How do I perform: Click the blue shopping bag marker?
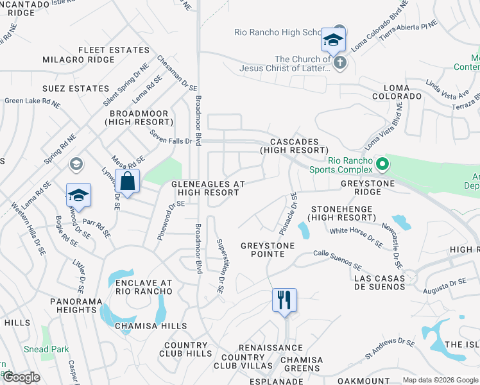(128, 182)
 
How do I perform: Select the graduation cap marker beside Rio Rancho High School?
(333, 41)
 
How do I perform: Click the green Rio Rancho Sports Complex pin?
(382, 165)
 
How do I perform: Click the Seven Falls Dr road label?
(171, 137)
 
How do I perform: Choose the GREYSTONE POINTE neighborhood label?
(268, 250)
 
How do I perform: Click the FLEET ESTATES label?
(114, 49)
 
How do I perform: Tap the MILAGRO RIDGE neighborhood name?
(79, 60)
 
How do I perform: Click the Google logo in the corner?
(21, 377)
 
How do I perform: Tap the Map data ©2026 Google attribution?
(440, 380)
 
